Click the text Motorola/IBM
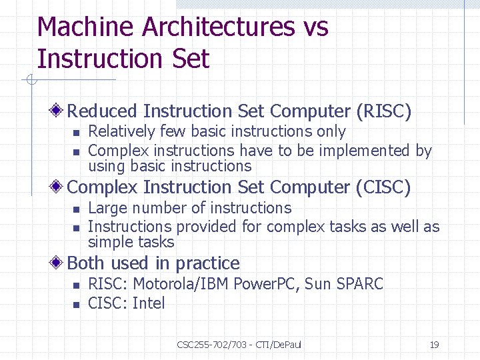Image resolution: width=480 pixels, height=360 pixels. (181, 284)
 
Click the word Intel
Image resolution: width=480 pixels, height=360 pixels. (149, 303)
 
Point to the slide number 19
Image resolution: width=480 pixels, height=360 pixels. (434, 345)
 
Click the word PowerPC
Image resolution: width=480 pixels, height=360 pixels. (268, 284)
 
